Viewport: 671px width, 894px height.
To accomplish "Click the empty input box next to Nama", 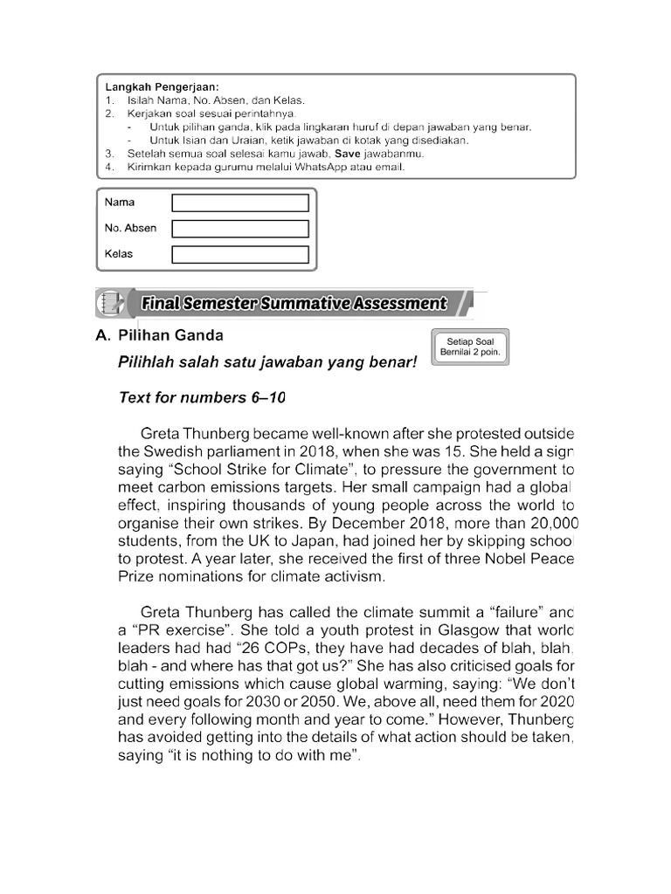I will pyautogui.click(x=240, y=203).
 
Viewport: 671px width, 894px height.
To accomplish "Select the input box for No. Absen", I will pyautogui.click(x=240, y=229).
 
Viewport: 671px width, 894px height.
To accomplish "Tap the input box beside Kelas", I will pyautogui.click(x=240, y=255).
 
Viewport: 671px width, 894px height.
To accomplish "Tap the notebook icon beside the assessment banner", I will pyautogui.click(x=110, y=303).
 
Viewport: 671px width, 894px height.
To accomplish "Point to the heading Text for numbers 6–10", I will pyautogui.click(x=202, y=398).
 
